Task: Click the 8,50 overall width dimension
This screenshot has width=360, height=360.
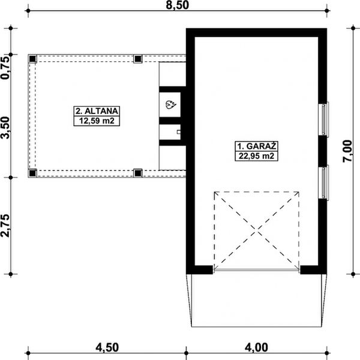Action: tap(177, 5)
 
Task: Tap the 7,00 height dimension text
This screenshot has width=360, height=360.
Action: tap(347, 151)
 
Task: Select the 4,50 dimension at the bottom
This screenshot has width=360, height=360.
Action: tap(107, 347)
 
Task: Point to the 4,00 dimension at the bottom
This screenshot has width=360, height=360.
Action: tap(256, 347)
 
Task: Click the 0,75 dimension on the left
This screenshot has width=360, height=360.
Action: tap(5, 68)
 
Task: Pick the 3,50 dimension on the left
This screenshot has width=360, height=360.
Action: tap(5, 128)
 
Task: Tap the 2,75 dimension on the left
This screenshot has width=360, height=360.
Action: tap(5, 226)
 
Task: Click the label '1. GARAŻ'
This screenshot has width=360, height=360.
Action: tap(256, 146)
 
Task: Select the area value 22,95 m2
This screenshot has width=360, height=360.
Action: tap(256, 156)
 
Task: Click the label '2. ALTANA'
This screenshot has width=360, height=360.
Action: tap(97, 111)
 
